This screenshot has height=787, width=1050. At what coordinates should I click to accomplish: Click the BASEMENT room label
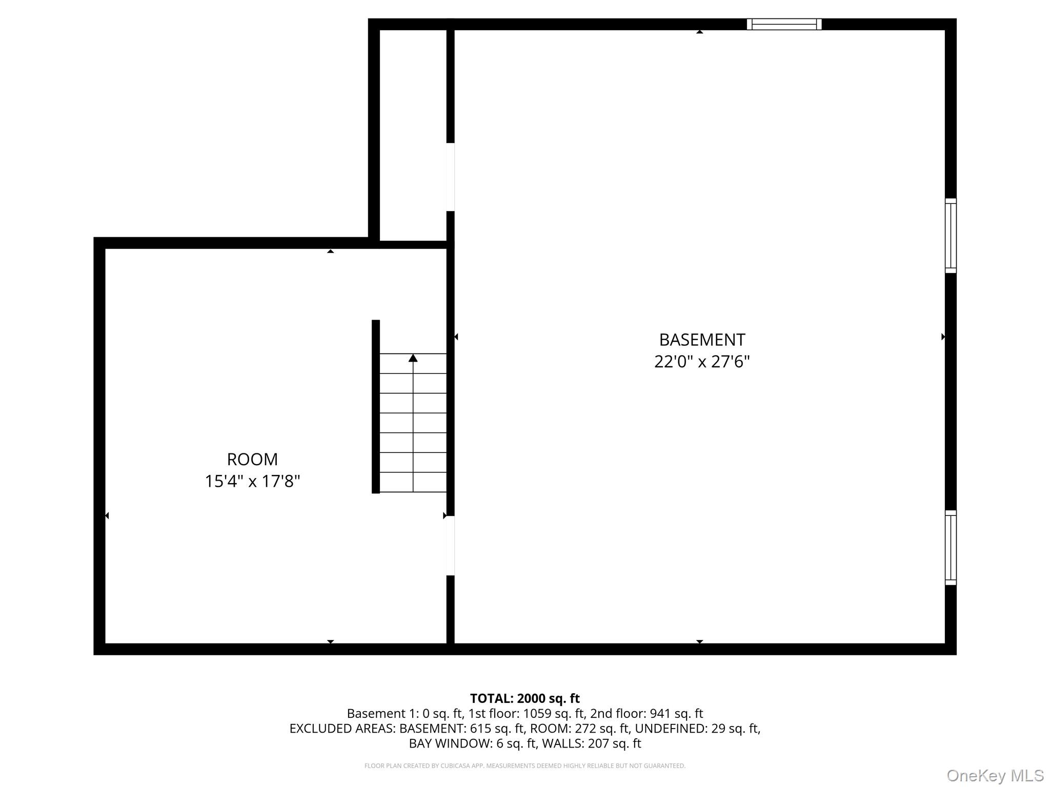702,340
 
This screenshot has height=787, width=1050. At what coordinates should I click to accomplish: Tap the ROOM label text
252,459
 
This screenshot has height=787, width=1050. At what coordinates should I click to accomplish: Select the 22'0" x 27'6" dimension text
702,362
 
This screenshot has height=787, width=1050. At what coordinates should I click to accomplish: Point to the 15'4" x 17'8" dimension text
252,481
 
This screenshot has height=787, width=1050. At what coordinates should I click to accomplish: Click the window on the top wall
784,24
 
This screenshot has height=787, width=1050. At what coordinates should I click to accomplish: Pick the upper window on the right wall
951,236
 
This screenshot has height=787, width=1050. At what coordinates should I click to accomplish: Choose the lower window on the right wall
951,548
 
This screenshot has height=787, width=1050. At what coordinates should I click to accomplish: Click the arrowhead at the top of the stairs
413,358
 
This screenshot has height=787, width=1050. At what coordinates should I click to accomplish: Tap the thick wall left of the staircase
376,406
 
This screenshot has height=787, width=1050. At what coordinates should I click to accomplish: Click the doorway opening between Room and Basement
450,546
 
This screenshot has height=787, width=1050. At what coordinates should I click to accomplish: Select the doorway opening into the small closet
450,177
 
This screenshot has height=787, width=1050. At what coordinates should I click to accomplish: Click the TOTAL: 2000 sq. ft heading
525,698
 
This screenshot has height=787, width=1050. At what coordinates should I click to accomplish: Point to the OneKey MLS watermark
995,775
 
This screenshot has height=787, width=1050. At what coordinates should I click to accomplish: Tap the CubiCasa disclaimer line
525,766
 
